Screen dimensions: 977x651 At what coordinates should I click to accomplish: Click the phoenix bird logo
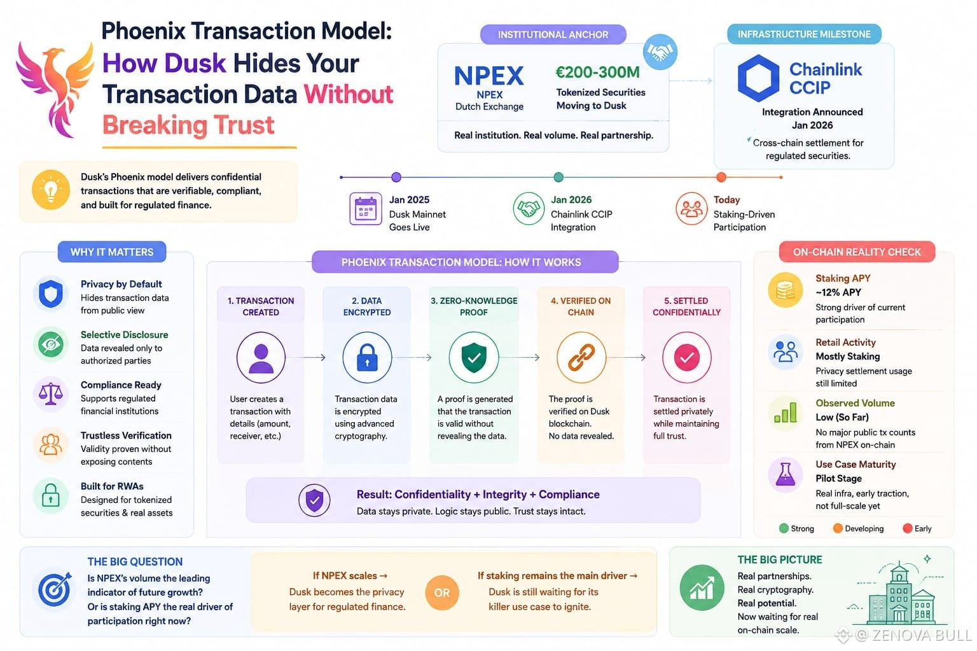(55, 90)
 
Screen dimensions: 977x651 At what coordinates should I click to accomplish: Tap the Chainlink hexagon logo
(758, 78)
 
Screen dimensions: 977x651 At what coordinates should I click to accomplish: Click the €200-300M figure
(597, 72)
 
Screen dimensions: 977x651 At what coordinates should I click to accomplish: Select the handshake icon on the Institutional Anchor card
(660, 52)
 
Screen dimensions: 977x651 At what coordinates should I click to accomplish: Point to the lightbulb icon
(51, 189)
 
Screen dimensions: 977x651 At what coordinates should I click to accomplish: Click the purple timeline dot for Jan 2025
(396, 177)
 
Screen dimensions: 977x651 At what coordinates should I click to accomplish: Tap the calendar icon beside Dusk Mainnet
(366, 209)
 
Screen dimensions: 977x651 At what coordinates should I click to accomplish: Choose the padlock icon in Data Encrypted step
(367, 357)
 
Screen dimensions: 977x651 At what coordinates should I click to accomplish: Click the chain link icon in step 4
(581, 357)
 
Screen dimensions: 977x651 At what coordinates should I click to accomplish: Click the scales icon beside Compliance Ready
(51, 394)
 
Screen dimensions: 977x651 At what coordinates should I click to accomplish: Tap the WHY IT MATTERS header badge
(112, 252)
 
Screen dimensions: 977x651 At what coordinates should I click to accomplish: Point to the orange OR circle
(442, 593)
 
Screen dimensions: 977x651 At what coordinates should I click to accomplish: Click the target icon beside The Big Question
(55, 589)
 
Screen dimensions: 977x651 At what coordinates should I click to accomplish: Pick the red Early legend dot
(908, 528)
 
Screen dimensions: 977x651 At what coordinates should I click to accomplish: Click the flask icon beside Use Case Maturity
(785, 474)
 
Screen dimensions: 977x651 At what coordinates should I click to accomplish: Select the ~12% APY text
(838, 292)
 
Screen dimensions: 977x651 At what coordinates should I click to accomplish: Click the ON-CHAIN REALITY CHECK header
(857, 252)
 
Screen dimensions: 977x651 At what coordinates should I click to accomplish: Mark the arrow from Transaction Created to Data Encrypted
(306, 357)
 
